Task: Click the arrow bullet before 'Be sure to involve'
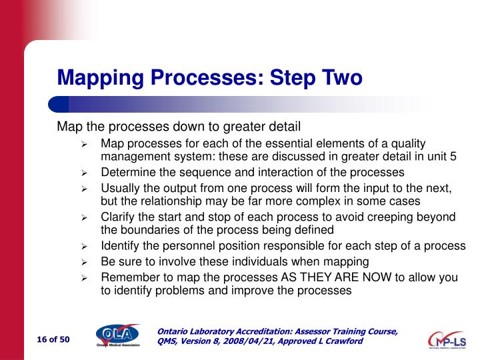[x=85, y=262]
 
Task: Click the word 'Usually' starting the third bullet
[x=120, y=189]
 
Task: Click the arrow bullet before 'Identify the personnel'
[x=85, y=247]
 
